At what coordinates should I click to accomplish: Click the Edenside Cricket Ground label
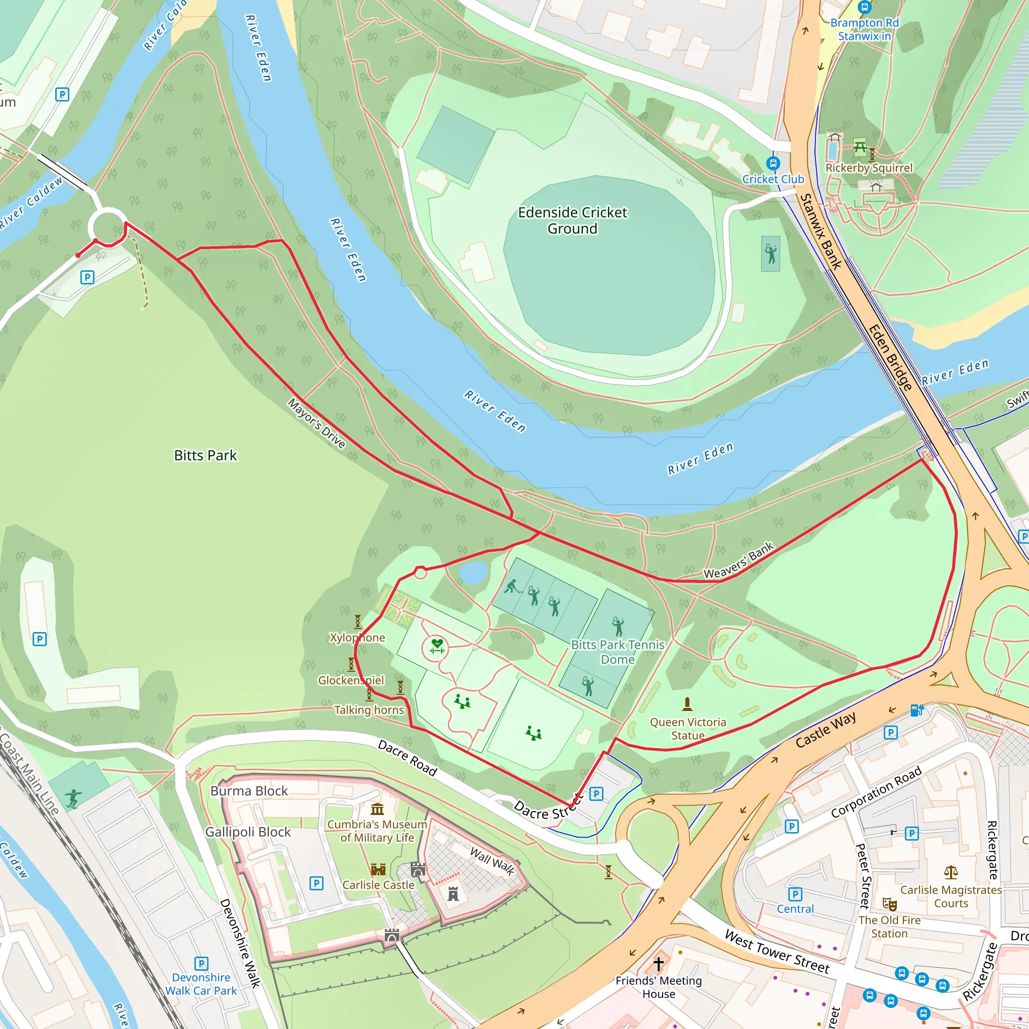(x=573, y=221)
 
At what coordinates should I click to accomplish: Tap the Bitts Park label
(x=205, y=455)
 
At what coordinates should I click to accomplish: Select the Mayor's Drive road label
(x=317, y=424)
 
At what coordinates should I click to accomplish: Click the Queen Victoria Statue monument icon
(x=687, y=704)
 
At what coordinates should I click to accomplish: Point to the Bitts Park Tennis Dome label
(x=618, y=652)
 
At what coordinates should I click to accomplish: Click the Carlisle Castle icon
(x=378, y=870)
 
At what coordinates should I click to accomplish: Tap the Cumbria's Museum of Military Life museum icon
(x=377, y=809)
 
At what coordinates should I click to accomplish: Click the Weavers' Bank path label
(x=739, y=560)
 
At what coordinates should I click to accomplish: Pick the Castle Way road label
(x=826, y=730)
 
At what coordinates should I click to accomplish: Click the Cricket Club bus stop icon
(x=773, y=163)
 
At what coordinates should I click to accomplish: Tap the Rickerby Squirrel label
(x=869, y=168)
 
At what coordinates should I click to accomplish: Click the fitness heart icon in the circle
(x=437, y=645)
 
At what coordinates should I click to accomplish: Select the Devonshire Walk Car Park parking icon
(x=201, y=964)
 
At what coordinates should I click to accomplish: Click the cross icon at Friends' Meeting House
(x=659, y=964)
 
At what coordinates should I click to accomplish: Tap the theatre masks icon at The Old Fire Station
(x=889, y=904)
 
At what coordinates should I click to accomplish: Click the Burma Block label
(x=249, y=791)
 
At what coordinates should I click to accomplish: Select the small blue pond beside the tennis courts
(x=473, y=573)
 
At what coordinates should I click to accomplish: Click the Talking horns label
(x=369, y=710)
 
